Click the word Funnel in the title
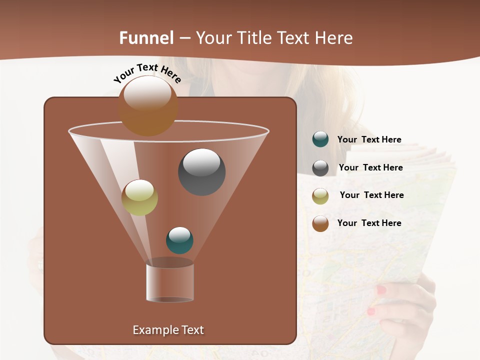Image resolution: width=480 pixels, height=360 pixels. (146, 38)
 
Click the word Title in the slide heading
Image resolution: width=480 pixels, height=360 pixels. (253, 38)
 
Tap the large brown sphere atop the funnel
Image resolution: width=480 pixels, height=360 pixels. (148, 105)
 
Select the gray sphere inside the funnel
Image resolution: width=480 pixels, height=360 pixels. (202, 171)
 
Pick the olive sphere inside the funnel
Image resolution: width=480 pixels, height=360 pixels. (139, 197)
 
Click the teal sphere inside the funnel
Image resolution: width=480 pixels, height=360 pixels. (179, 240)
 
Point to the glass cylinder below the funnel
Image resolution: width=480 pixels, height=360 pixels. (170, 282)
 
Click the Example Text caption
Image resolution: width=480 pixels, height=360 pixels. (168, 330)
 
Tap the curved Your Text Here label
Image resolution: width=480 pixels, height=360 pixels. (147, 73)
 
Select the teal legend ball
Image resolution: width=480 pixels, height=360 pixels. (320, 139)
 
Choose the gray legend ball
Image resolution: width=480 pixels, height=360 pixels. (320, 168)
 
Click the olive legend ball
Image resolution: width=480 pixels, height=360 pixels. (320, 196)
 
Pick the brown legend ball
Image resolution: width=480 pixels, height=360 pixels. (320, 223)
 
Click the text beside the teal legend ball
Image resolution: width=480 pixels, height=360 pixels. (369, 139)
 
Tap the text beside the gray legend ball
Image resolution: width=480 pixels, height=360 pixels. (370, 167)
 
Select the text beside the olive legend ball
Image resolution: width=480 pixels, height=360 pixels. (371, 195)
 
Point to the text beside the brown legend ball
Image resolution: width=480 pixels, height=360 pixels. (369, 223)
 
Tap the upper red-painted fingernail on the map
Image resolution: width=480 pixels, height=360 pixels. (381, 290)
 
